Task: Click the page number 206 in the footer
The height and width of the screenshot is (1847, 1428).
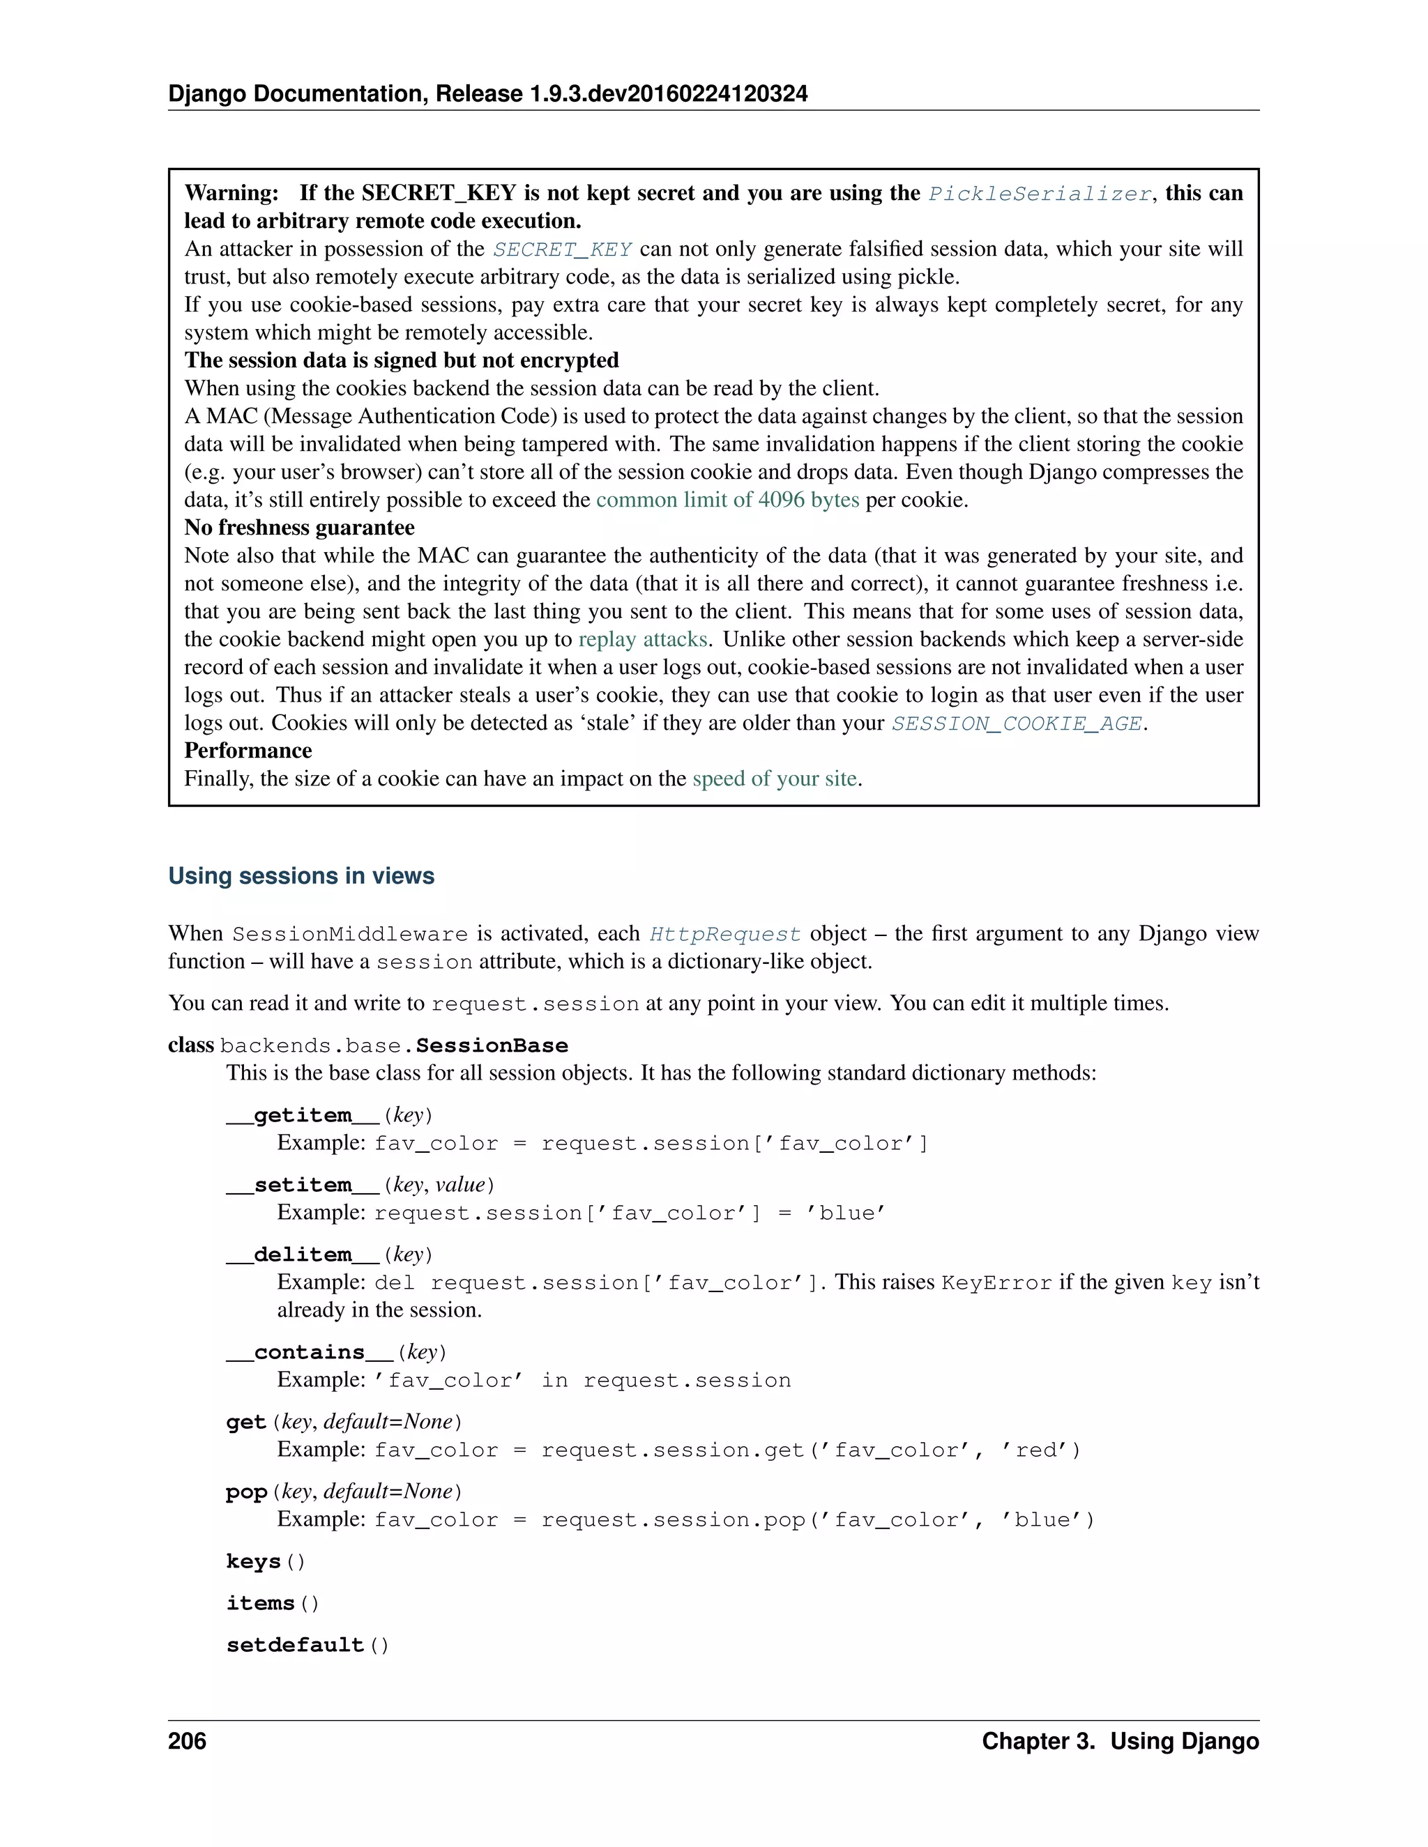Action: click(x=187, y=1741)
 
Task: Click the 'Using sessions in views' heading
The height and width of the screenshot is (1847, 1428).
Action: click(x=301, y=875)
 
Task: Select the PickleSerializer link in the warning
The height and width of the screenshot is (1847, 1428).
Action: click(x=1040, y=194)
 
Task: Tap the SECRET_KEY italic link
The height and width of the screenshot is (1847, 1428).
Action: click(x=563, y=250)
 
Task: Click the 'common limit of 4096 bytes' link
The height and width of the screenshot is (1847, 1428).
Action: click(x=727, y=500)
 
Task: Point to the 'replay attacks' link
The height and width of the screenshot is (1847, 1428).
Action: click(x=643, y=639)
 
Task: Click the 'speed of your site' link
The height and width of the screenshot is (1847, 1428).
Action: click(x=774, y=779)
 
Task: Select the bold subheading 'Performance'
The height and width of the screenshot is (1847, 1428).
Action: click(x=248, y=751)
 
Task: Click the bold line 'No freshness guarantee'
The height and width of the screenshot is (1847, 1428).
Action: click(x=299, y=528)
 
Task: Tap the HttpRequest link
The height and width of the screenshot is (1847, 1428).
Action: click(x=725, y=934)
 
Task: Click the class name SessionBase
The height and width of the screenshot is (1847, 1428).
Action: click(x=492, y=1046)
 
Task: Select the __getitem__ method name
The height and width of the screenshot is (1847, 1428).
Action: click(x=303, y=1115)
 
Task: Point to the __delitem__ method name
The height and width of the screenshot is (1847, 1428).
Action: click(x=303, y=1255)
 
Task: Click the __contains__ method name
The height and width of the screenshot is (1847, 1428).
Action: click(x=310, y=1352)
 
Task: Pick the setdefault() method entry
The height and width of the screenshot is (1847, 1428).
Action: click(x=307, y=1645)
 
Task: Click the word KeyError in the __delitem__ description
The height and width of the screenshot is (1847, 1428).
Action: click(x=996, y=1283)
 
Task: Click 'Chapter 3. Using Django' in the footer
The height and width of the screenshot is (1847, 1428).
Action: click(x=1120, y=1741)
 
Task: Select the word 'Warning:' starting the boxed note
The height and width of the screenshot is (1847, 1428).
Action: click(x=231, y=193)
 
